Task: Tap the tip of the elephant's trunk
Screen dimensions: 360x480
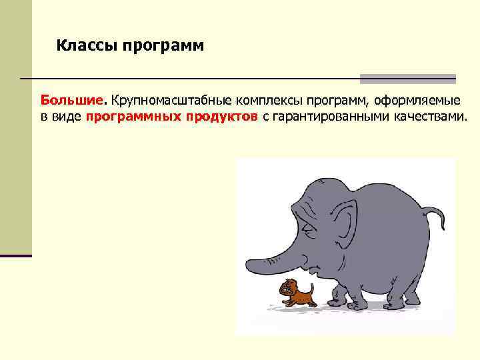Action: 248,260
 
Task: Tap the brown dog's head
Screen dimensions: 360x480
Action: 287,288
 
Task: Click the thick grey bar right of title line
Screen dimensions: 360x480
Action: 407,79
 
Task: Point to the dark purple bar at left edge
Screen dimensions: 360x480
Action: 16,255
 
